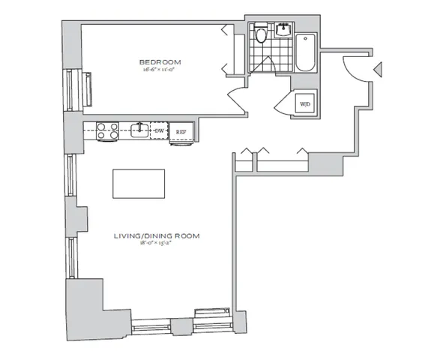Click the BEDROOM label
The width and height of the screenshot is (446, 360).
[160, 61]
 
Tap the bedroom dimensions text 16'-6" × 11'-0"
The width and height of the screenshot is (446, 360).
[160, 70]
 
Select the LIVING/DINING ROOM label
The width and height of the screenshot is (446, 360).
[157, 235]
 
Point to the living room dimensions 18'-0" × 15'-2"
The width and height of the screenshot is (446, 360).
[157, 244]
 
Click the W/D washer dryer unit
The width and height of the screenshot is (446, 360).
[306, 103]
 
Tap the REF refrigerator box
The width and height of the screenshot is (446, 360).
[181, 132]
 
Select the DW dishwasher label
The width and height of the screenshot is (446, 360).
[159, 131]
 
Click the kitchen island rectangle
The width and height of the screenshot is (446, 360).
[139, 184]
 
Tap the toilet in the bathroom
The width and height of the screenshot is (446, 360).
[261, 34]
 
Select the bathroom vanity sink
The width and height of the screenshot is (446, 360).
[284, 31]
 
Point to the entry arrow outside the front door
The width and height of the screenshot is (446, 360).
[379, 70]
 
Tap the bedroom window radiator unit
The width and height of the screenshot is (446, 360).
[89, 89]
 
